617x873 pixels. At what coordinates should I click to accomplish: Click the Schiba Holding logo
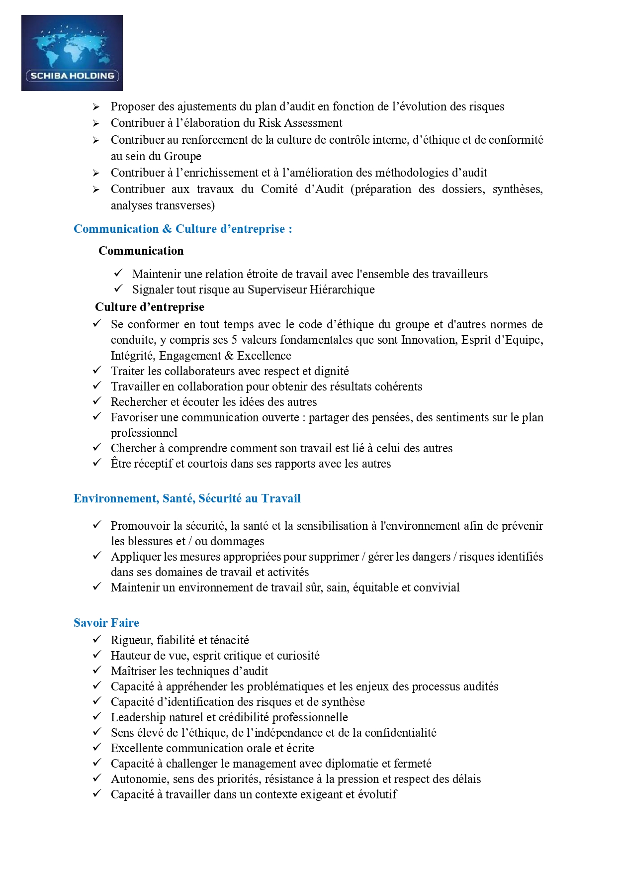coord(72,53)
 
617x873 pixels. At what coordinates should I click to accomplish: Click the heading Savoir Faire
coord(106,623)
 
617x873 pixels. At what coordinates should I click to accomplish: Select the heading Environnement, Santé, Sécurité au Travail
coord(187,498)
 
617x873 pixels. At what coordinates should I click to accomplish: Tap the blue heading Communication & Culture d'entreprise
coord(182,229)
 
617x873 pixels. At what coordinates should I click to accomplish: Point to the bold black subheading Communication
coord(141,251)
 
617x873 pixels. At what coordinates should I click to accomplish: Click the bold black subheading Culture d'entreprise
coord(150,307)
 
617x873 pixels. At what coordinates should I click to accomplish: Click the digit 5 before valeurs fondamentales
coord(234,340)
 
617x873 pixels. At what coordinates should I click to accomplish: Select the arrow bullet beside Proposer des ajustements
coord(96,107)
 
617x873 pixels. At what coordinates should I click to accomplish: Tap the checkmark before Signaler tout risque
coord(118,289)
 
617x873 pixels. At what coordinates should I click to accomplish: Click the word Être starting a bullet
coord(119,463)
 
